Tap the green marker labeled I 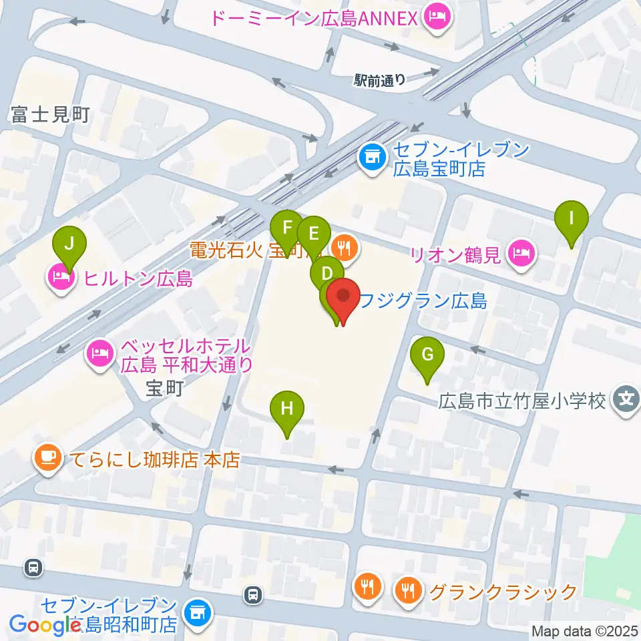coord(572,219)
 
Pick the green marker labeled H coord(287,410)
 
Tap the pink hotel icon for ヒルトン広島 coord(60,278)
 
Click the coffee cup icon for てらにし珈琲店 coord(47,459)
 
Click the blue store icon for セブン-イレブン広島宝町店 coord(371,158)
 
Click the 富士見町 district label coord(50,116)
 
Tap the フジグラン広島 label coord(422,302)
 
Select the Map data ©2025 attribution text coord(584,630)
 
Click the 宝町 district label coord(164,389)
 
